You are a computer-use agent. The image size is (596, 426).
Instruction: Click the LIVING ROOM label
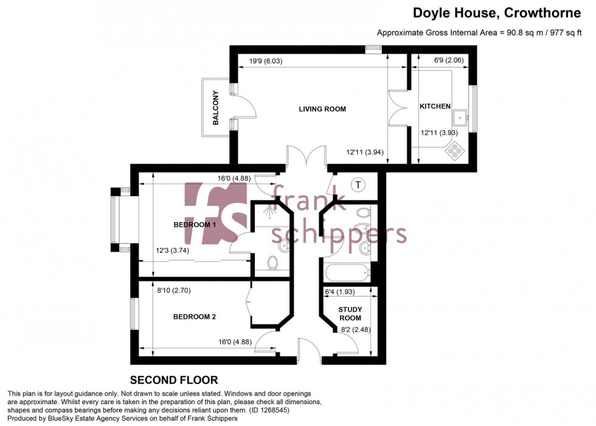click(x=322, y=109)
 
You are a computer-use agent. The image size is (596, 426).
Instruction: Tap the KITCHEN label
click(x=435, y=106)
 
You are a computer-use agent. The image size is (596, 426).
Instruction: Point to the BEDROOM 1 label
click(x=195, y=225)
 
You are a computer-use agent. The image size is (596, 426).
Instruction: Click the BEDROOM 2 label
click(x=195, y=317)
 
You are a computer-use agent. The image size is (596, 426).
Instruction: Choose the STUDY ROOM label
click(x=350, y=314)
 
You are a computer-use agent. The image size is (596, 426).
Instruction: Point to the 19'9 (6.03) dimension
click(x=266, y=61)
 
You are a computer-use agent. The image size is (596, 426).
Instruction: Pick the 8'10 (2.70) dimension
click(x=173, y=291)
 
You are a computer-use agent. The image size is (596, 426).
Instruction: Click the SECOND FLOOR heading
click(x=174, y=380)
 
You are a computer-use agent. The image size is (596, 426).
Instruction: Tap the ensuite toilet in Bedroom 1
click(x=274, y=263)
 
